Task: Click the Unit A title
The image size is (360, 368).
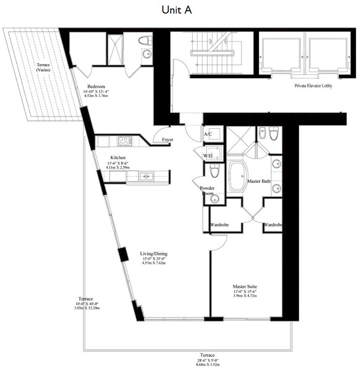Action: (x=176, y=10)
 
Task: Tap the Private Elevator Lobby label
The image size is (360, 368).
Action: (x=313, y=86)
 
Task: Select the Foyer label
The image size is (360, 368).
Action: (x=168, y=139)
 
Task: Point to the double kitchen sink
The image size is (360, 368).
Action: (x=146, y=176)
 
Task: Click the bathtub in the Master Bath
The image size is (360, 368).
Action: (x=238, y=176)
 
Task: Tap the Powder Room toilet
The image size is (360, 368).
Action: (x=215, y=171)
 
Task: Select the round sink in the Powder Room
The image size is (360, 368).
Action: (x=215, y=199)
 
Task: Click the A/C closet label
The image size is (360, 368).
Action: (x=208, y=134)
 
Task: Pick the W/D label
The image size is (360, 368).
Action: (x=208, y=156)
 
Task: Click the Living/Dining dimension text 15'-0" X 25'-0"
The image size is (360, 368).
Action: (x=154, y=259)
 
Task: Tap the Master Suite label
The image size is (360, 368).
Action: (x=245, y=286)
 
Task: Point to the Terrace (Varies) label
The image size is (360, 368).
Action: (x=43, y=67)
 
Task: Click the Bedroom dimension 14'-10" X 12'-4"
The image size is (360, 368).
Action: (x=96, y=91)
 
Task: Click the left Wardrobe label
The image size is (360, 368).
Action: (x=219, y=225)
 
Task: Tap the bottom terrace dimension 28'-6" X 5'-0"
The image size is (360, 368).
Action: (x=208, y=360)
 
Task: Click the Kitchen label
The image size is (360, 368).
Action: (x=118, y=158)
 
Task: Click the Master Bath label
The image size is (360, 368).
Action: (x=259, y=181)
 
